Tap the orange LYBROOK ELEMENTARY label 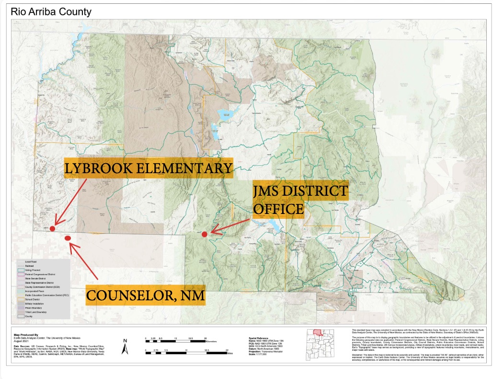(x=149, y=168)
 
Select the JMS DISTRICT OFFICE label (x=300, y=200)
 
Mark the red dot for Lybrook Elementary (x=53, y=222)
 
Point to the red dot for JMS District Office (x=205, y=234)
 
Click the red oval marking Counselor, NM (x=68, y=238)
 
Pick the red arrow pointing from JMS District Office (x=230, y=227)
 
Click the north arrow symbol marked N (x=124, y=347)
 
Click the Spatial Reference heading (x=258, y=338)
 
